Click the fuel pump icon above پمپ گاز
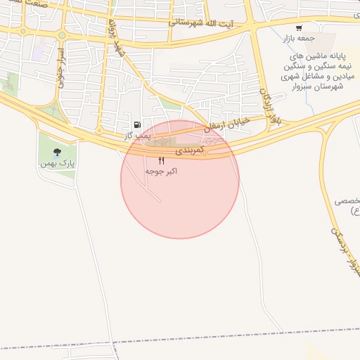pyautogui.click(x=136, y=125)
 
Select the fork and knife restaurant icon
pyautogui.click(x=162, y=161)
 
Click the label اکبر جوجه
pyautogui.click(x=161, y=171)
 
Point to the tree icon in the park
pyautogui.click(x=57, y=152)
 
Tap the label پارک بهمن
pyautogui.click(x=57, y=163)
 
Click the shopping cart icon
pyautogui.click(x=299, y=29)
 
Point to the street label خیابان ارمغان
pyautogui.click(x=226, y=124)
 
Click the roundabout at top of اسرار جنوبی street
pyautogui.click(x=61, y=35)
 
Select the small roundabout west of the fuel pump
pyautogui.click(x=103, y=131)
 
